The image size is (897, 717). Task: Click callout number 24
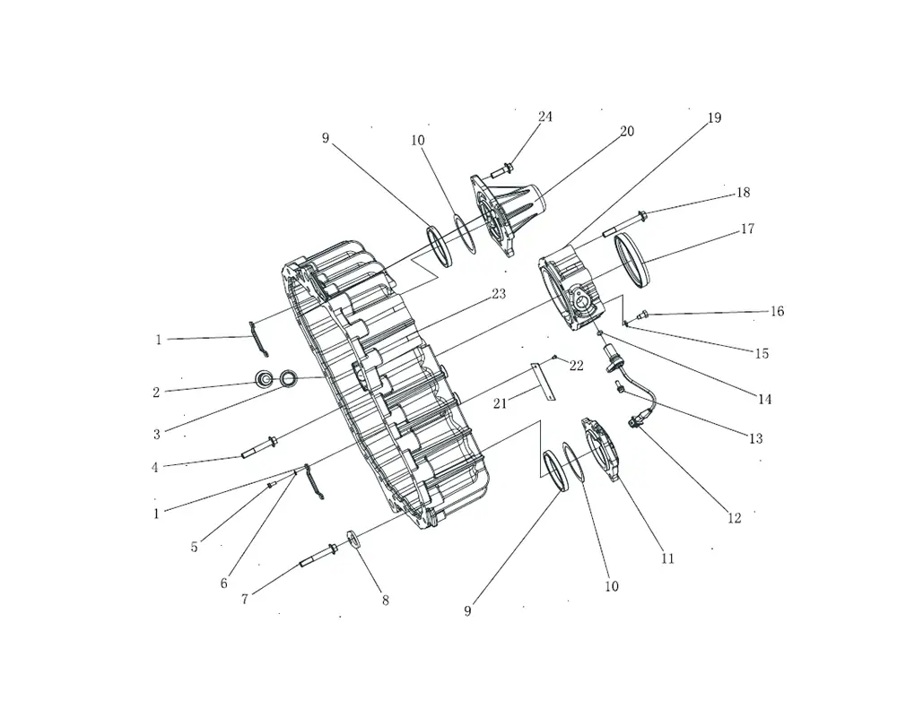[x=545, y=117]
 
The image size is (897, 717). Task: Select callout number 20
[x=627, y=132]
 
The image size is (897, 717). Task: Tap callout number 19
[x=714, y=118]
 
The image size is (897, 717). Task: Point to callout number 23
[x=499, y=294]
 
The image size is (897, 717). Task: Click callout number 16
[x=777, y=312]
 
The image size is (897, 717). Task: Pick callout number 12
[x=734, y=518]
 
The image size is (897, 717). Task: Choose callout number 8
[x=386, y=600]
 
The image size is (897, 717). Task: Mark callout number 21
[x=500, y=403]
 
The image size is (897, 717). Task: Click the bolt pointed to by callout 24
[x=502, y=169]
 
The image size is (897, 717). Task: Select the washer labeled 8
[x=353, y=540]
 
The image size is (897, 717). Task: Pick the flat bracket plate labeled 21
[x=544, y=382]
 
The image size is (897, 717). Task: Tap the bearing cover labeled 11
[x=601, y=450]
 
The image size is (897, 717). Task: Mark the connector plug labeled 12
[x=634, y=422]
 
